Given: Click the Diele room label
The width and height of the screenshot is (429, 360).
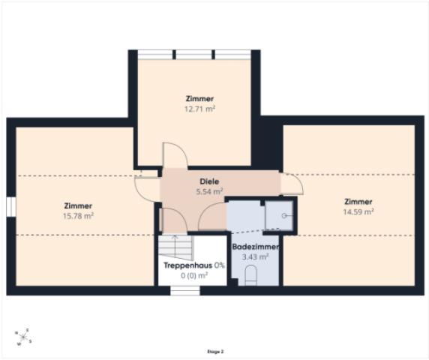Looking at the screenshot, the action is [209, 181].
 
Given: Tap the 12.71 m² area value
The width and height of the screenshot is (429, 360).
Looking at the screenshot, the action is [199, 109].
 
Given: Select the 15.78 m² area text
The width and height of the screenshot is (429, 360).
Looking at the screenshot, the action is [78, 216].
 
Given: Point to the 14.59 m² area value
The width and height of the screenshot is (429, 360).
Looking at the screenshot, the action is [358, 212].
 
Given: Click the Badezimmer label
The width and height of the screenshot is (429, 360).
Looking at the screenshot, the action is [256, 247].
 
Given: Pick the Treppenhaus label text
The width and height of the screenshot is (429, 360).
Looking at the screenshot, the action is [187, 265].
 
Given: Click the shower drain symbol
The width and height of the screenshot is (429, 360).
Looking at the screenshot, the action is [284, 216].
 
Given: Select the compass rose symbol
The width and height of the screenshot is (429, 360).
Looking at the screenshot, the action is [23, 337].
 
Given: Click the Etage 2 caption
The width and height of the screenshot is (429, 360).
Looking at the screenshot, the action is [215, 352].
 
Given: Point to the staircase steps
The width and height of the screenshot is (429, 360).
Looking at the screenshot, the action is [175, 247].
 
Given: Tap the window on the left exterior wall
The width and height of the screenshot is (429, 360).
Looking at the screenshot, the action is [11, 206].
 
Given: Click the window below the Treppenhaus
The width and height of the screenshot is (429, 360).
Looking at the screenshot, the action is [185, 290].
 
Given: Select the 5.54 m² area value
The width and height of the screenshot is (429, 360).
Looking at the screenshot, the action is [209, 192].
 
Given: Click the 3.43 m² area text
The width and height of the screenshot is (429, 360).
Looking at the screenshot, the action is [255, 256].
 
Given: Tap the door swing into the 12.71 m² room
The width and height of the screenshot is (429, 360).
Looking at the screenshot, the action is [175, 155].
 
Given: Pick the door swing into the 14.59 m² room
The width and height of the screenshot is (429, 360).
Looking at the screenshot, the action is [292, 184].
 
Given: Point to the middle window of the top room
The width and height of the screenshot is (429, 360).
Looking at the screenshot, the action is [193, 55].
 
